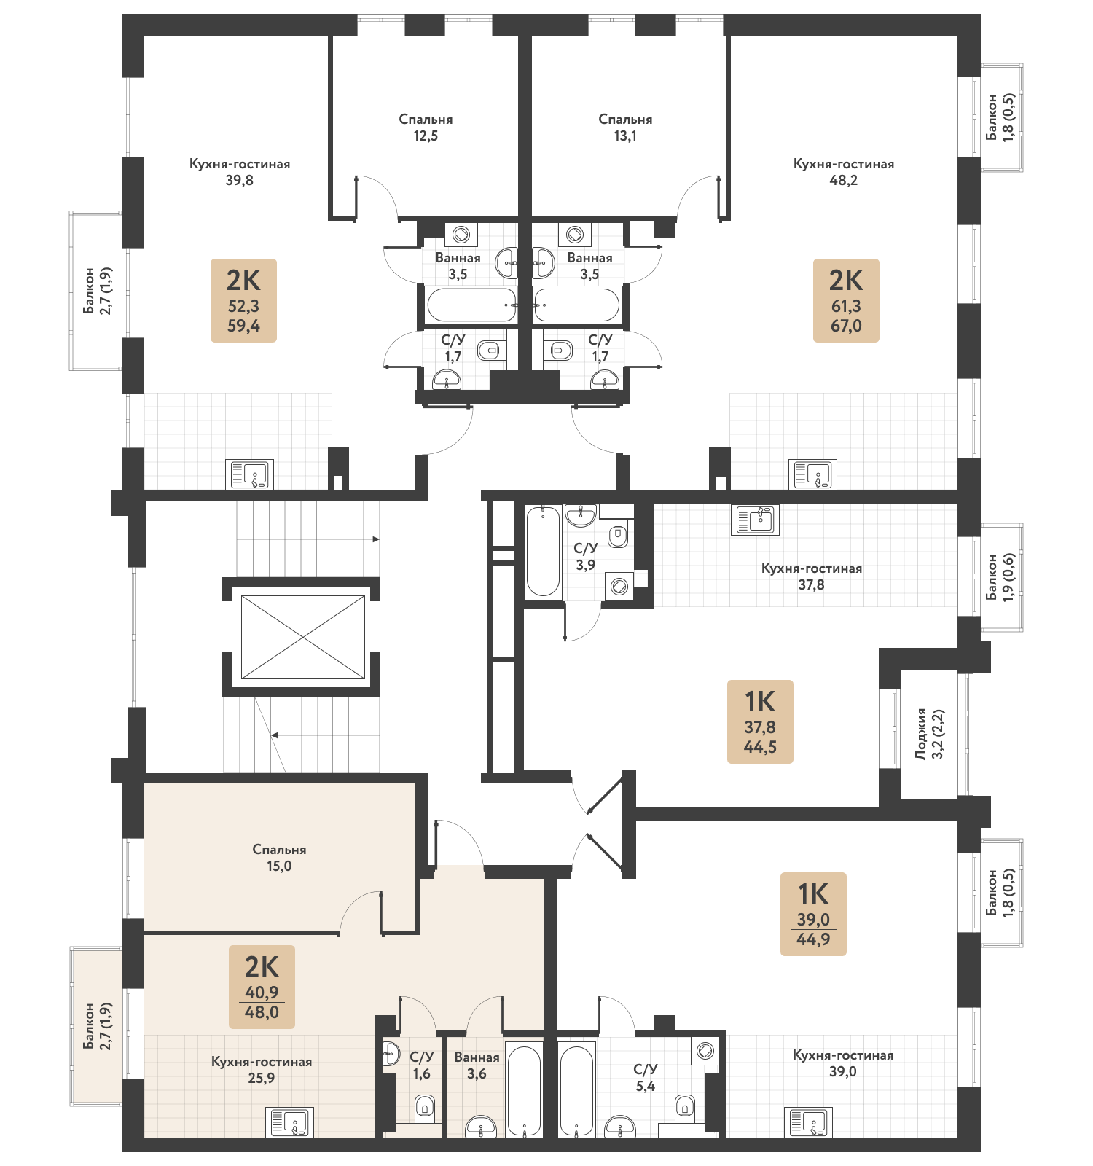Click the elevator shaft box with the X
click(x=303, y=637)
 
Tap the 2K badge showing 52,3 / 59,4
click(x=243, y=300)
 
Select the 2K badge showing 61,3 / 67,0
click(x=846, y=300)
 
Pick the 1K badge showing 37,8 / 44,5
click(x=760, y=721)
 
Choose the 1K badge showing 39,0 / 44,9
click(x=813, y=914)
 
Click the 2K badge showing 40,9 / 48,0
click(x=262, y=987)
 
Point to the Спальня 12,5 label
click(x=426, y=128)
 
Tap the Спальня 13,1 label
click(x=625, y=128)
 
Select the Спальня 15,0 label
click(x=279, y=858)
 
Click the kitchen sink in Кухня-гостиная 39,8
click(x=250, y=474)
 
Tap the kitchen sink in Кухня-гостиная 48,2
click(x=812, y=474)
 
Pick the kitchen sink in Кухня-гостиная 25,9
click(x=289, y=1122)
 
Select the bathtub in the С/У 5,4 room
click(x=576, y=1092)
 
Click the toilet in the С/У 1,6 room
click(x=424, y=1108)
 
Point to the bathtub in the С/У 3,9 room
click(x=543, y=551)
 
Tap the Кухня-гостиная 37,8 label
click(x=811, y=576)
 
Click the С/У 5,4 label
click(x=645, y=1077)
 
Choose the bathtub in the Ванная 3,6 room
click(x=524, y=1092)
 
